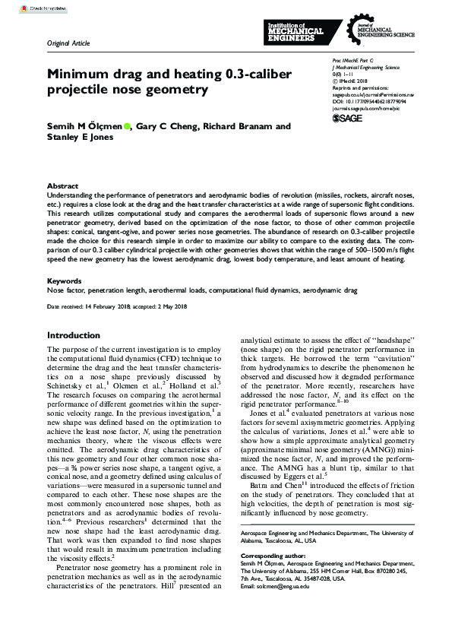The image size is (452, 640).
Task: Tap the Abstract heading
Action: pyautogui.click(x=62, y=185)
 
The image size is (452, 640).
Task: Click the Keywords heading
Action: pyautogui.click(x=64, y=280)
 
